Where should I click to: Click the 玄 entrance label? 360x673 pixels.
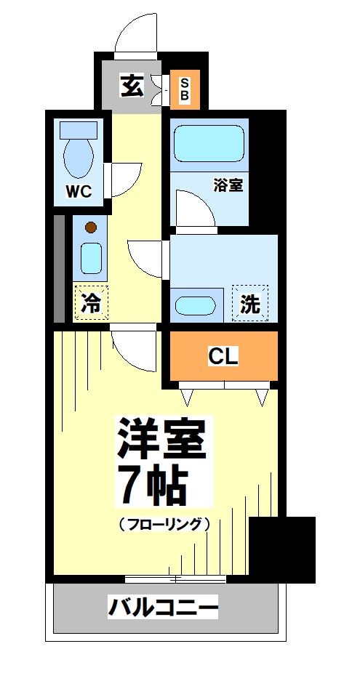click(x=132, y=86)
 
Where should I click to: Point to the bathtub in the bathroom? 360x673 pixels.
click(x=209, y=142)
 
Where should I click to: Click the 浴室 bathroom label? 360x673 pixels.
click(x=228, y=185)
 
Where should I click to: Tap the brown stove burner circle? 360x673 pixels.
click(x=90, y=227)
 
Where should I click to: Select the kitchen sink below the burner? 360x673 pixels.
click(x=91, y=258)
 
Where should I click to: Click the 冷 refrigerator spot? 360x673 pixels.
click(x=91, y=303)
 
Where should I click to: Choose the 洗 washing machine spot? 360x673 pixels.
click(x=250, y=303)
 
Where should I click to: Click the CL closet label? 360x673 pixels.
click(x=223, y=356)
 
